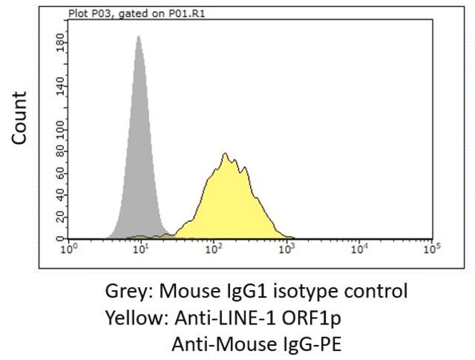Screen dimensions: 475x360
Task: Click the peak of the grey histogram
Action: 139,36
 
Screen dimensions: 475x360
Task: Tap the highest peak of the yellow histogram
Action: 225,154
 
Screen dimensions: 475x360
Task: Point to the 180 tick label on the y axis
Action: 60,43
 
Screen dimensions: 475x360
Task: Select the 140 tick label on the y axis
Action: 60,86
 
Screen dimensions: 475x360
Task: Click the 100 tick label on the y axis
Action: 60,130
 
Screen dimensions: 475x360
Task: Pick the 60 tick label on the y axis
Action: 60,174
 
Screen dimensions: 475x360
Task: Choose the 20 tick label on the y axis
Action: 60,217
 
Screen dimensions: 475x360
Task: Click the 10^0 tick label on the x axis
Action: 69,249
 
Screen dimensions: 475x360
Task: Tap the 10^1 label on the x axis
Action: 141,249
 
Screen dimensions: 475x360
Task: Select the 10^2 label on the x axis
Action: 214,249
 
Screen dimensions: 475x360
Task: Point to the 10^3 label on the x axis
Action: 286,249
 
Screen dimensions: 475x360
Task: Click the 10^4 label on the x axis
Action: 359,249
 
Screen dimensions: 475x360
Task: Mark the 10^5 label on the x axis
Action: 432,249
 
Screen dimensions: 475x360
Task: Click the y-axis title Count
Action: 19,118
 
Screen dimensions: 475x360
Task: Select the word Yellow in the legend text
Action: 137,318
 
